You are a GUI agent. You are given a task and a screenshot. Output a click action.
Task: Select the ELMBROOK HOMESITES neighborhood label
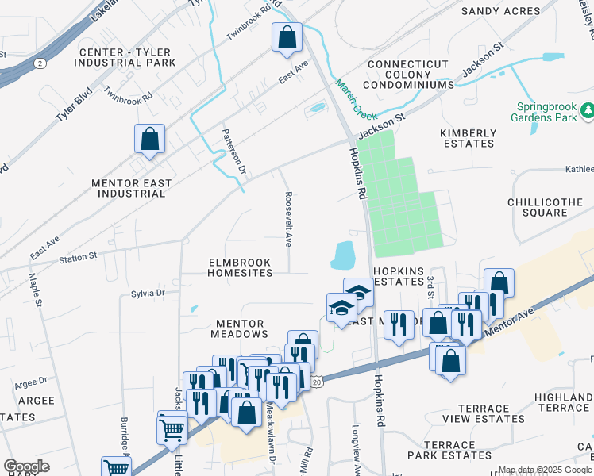239,267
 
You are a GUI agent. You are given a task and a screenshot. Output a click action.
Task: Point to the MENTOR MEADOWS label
239,328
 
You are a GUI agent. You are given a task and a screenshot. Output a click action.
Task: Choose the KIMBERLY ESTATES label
468,139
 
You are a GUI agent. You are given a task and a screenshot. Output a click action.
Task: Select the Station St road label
78,256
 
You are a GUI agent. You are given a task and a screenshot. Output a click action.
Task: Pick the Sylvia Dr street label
148,293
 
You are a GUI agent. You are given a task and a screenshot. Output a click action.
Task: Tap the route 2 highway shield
39,62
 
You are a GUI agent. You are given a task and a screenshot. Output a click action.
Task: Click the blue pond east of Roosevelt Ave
343,255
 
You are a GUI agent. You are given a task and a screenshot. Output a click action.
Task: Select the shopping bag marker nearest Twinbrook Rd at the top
286,36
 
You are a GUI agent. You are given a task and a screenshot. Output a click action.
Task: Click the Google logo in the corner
26,466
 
